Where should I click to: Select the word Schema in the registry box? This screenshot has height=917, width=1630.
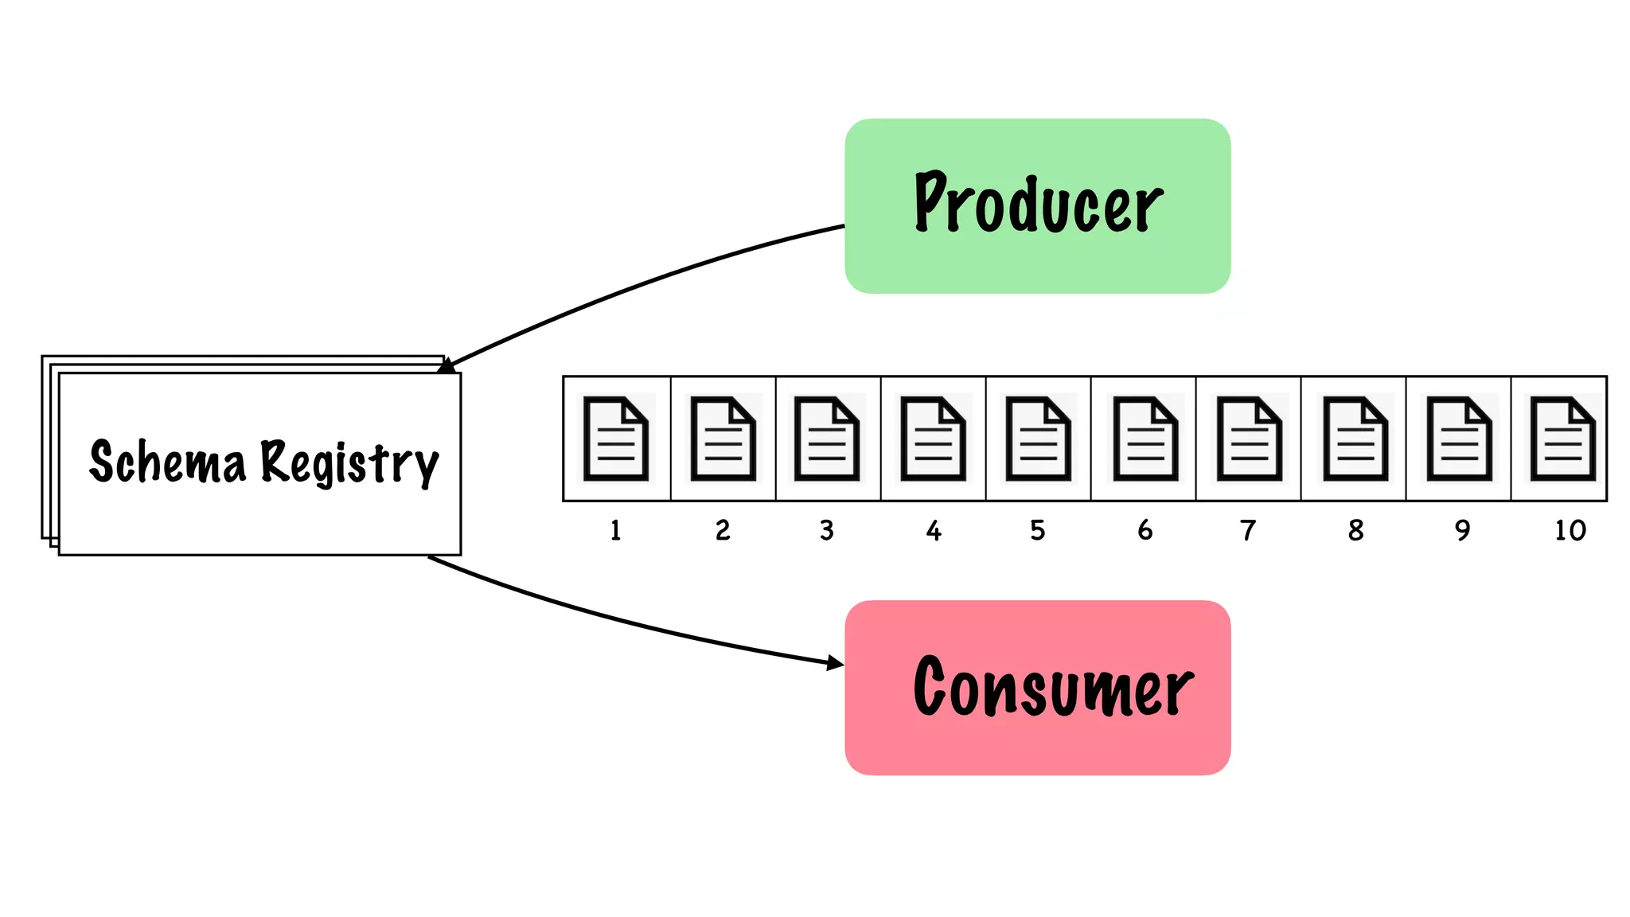tap(168, 462)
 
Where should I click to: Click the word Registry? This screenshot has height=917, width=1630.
tap(349, 462)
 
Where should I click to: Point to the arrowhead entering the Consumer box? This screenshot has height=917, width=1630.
tap(835, 662)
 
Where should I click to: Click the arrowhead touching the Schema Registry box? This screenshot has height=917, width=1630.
tap(447, 366)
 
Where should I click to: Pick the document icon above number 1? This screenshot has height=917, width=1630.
tap(615, 439)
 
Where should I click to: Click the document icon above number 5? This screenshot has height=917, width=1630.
tap(1038, 439)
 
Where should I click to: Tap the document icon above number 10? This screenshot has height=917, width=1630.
tap(1563, 439)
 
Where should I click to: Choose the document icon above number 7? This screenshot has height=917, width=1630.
tap(1249, 439)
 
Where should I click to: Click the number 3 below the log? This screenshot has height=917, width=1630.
tap(827, 530)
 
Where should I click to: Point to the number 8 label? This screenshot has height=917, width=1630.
tap(1356, 530)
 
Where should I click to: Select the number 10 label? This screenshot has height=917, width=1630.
tap(1570, 530)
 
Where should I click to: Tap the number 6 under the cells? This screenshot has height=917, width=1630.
tap(1145, 530)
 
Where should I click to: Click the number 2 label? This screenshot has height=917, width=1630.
tap(723, 530)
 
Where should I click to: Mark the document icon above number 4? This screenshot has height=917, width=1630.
tap(933, 439)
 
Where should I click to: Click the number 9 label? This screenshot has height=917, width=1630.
tap(1462, 530)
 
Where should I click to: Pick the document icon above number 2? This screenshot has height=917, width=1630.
tap(723, 439)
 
